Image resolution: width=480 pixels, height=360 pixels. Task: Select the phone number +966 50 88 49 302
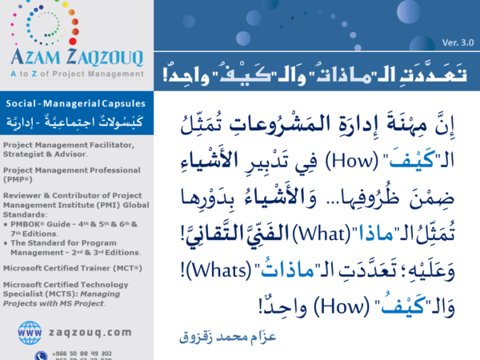click(x=84, y=353)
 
